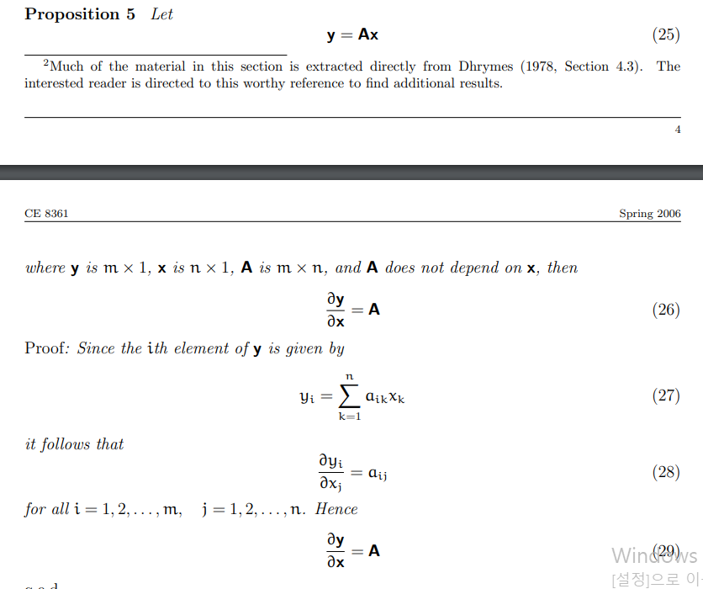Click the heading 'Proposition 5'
pos(80,14)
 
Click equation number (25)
pos(666,34)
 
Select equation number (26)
pos(666,310)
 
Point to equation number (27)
pos(666,395)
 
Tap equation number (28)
pos(666,472)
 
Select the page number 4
pos(677,130)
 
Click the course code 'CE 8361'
pos(46,214)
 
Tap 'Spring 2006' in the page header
pos(650,214)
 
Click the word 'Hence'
pos(336,509)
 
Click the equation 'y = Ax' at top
pos(352,34)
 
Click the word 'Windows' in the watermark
pos(654,555)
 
